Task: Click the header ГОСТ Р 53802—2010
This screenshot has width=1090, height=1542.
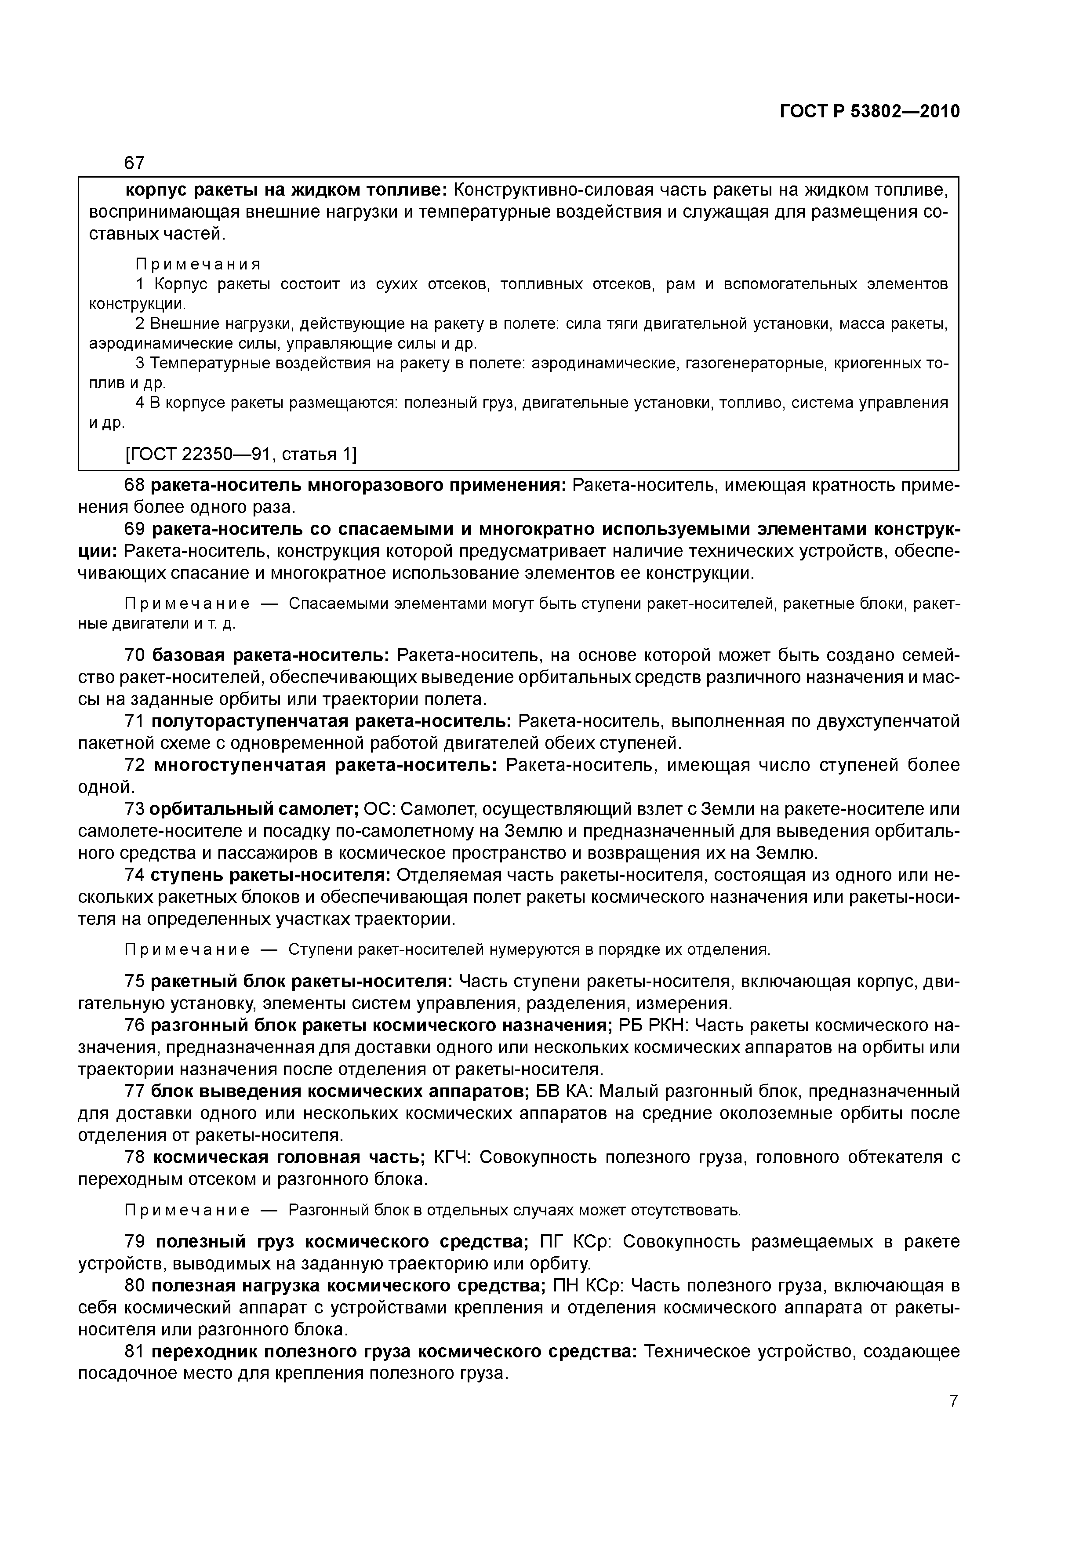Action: point(870,112)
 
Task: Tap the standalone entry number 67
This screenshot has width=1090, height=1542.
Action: point(135,163)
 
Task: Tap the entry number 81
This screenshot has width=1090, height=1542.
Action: point(135,1351)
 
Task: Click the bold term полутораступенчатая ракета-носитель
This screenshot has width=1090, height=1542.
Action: point(332,721)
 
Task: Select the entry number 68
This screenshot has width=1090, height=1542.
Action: point(135,485)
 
